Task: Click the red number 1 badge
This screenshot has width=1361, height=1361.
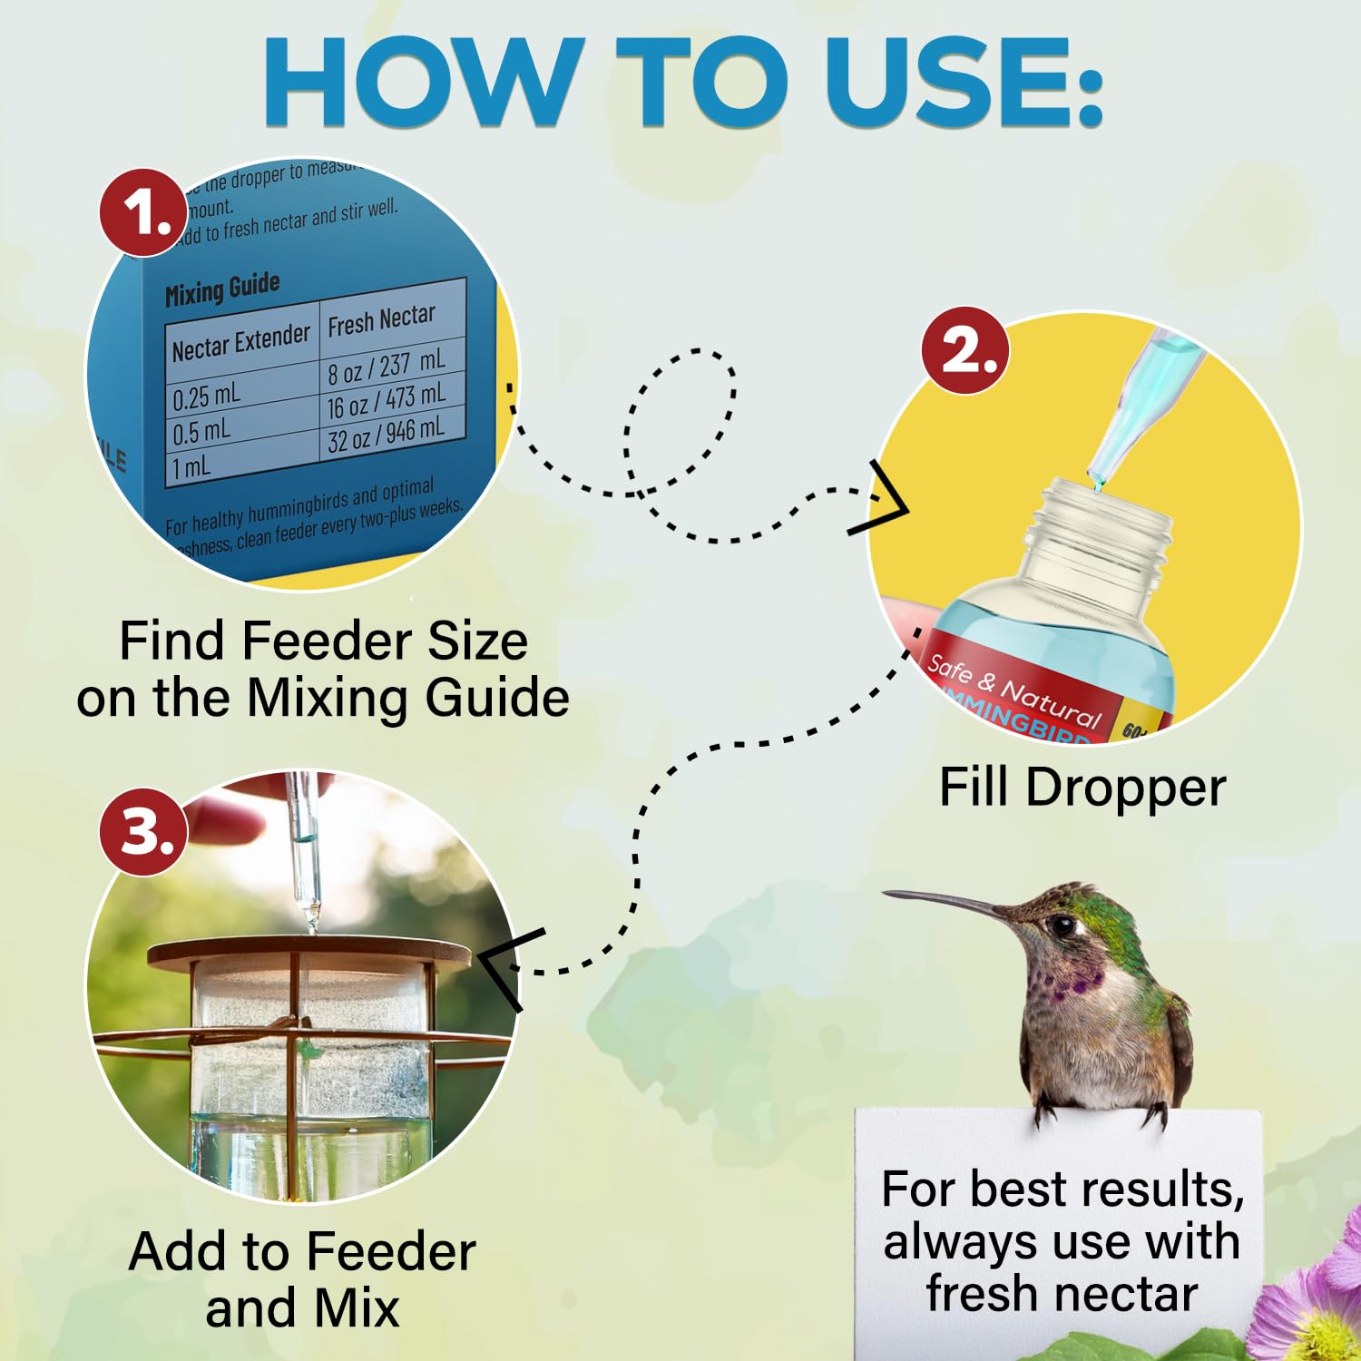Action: pos(143,213)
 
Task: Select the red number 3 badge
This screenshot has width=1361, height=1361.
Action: pos(143,832)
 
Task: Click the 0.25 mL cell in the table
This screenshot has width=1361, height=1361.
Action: pos(207,396)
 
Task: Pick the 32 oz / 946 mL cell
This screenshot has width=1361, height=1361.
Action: pos(386,433)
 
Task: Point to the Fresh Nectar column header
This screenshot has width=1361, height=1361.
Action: pos(381,319)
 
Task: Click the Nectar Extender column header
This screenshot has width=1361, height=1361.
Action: pos(240,343)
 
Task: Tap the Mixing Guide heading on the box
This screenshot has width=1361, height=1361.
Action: pos(222,289)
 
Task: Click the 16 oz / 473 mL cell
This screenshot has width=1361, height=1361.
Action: pos(386,400)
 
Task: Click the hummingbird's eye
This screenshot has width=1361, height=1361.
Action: pos(1062,925)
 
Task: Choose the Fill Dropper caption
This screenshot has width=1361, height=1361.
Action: pos(1082,786)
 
